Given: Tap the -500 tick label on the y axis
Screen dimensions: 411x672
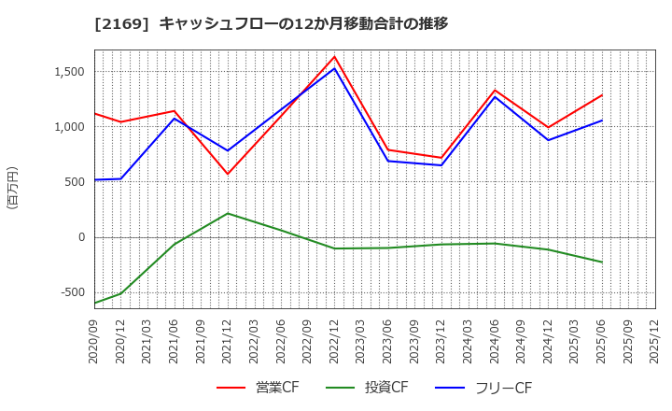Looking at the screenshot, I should (69, 292).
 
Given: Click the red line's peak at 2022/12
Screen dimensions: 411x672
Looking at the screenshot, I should (335, 56).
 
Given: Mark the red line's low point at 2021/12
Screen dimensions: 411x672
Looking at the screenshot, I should (228, 174).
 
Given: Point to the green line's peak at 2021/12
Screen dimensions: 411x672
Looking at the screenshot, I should (228, 214).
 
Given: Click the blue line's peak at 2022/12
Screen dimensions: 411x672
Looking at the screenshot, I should (335, 68).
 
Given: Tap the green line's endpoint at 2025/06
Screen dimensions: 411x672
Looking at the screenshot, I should (602, 262).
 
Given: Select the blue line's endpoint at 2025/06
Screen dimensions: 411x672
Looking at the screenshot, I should (602, 120).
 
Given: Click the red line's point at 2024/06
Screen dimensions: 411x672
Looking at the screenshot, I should (495, 91).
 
